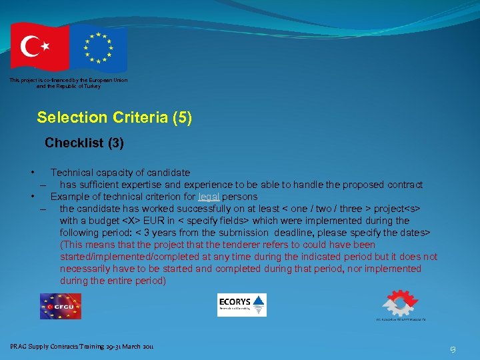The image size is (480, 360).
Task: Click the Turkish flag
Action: point(39,47)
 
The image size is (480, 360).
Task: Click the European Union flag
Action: point(98,48)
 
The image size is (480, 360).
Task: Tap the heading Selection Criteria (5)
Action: point(115,118)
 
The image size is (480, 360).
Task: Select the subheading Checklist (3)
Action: point(84,143)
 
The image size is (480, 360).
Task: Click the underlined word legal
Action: point(209,197)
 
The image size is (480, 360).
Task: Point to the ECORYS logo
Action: point(241,305)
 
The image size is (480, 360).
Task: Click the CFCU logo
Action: point(61,306)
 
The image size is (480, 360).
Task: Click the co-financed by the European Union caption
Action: point(69,83)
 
